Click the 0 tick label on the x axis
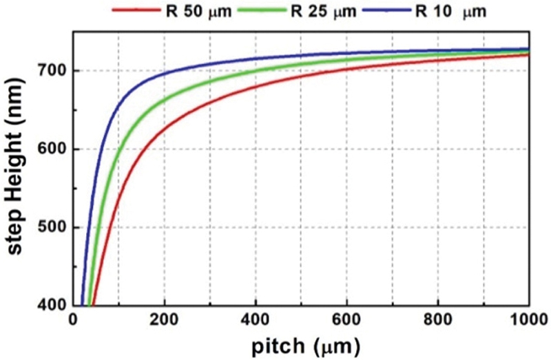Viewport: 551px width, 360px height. [x=74, y=320]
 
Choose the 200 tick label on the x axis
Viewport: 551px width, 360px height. [x=165, y=320]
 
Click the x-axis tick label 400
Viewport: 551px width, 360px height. [x=256, y=320]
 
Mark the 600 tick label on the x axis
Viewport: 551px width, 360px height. [x=347, y=320]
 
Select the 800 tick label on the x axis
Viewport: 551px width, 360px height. [x=438, y=320]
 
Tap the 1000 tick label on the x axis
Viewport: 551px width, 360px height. [x=527, y=320]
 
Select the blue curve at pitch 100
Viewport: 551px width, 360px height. [x=119, y=105]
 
